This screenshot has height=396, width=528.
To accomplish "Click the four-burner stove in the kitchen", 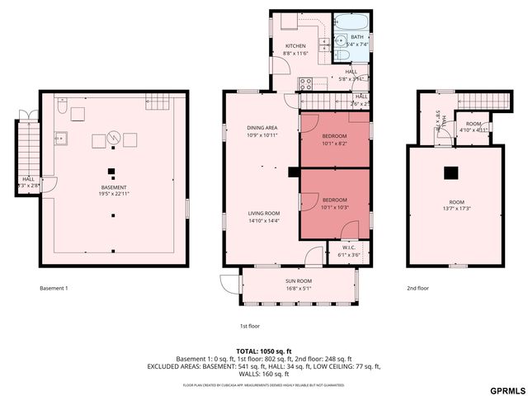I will tap(305, 82).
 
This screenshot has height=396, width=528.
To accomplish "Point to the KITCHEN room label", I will tap(295, 45).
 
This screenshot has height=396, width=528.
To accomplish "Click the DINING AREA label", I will tap(262, 128).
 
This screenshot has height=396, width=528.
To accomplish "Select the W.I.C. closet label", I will tap(348, 247).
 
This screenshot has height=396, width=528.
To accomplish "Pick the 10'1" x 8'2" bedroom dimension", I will tap(334, 143).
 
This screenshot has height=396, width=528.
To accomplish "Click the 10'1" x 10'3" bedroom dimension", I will tap(334, 208).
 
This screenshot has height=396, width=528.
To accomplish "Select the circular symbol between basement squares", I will tap(115, 136).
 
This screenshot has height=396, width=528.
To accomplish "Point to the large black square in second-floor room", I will tap(450, 173).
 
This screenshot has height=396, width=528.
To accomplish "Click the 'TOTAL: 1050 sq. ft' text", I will tap(265, 351).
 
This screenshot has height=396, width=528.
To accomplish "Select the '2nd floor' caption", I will tap(417, 289).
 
